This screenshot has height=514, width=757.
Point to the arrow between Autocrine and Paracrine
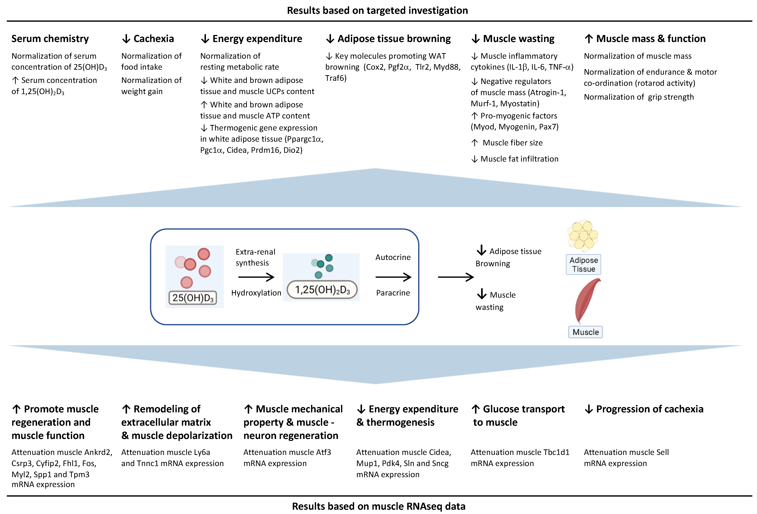pyautogui.click(x=393, y=277)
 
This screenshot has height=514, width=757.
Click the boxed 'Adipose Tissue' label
pyautogui.click(x=583, y=264)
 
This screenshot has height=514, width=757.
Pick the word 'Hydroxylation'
pyautogui.click(x=256, y=293)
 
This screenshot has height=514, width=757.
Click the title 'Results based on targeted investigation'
pyautogui.click(x=377, y=10)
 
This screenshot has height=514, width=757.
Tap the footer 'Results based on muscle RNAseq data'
pyautogui.click(x=378, y=506)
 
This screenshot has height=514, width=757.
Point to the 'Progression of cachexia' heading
pyautogui.click(x=650, y=409)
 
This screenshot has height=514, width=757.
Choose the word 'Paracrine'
pyautogui.click(x=393, y=293)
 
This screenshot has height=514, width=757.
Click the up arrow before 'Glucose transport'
pyautogui.click(x=476, y=409)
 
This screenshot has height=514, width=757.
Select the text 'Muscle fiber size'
pyautogui.click(x=512, y=143)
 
